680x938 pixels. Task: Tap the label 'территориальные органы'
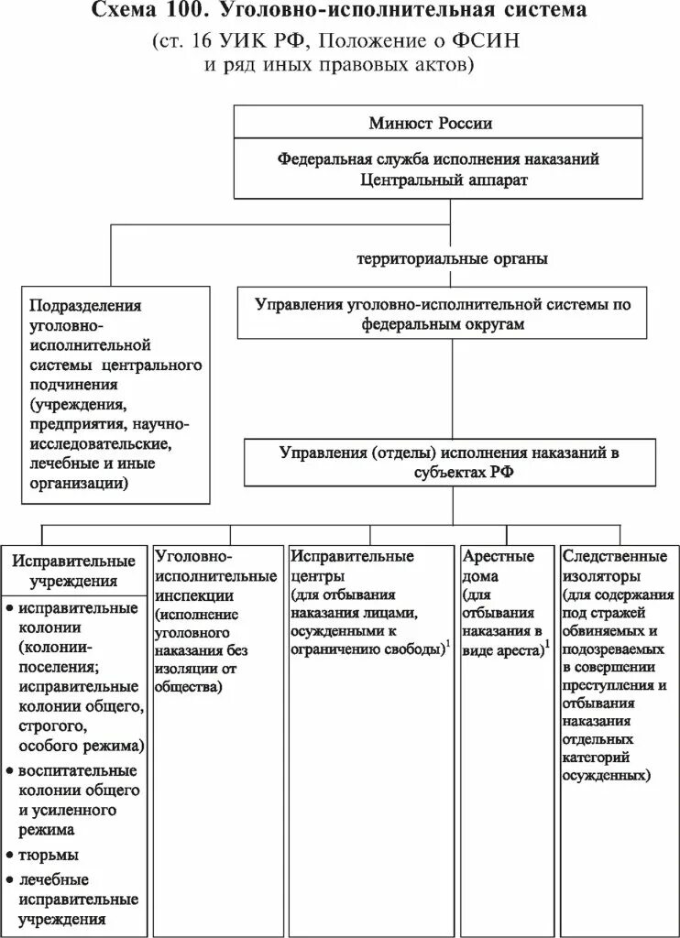tap(453, 258)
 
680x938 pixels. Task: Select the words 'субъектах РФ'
tap(450, 471)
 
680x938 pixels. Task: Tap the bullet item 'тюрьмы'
tap(49, 854)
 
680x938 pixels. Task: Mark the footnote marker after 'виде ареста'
tap(547, 644)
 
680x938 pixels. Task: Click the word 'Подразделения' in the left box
tap(86, 305)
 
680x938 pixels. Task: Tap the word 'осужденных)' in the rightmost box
tap(608, 774)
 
